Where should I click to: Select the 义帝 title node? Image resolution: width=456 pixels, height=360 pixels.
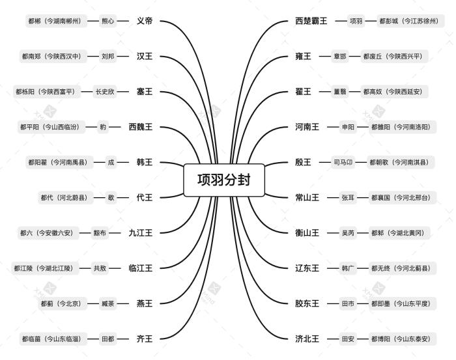[x=144, y=21]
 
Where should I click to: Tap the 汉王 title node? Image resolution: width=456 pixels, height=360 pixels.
[x=144, y=57]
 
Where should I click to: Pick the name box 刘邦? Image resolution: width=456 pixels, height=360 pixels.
[x=107, y=57]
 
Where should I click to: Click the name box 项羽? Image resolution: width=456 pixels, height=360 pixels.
[x=356, y=21]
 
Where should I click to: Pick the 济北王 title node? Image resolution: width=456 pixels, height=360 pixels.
[x=307, y=339]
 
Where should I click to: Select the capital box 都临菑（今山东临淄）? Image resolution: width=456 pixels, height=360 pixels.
[x=50, y=339]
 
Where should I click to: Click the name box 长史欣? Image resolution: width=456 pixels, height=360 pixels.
[x=104, y=92]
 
